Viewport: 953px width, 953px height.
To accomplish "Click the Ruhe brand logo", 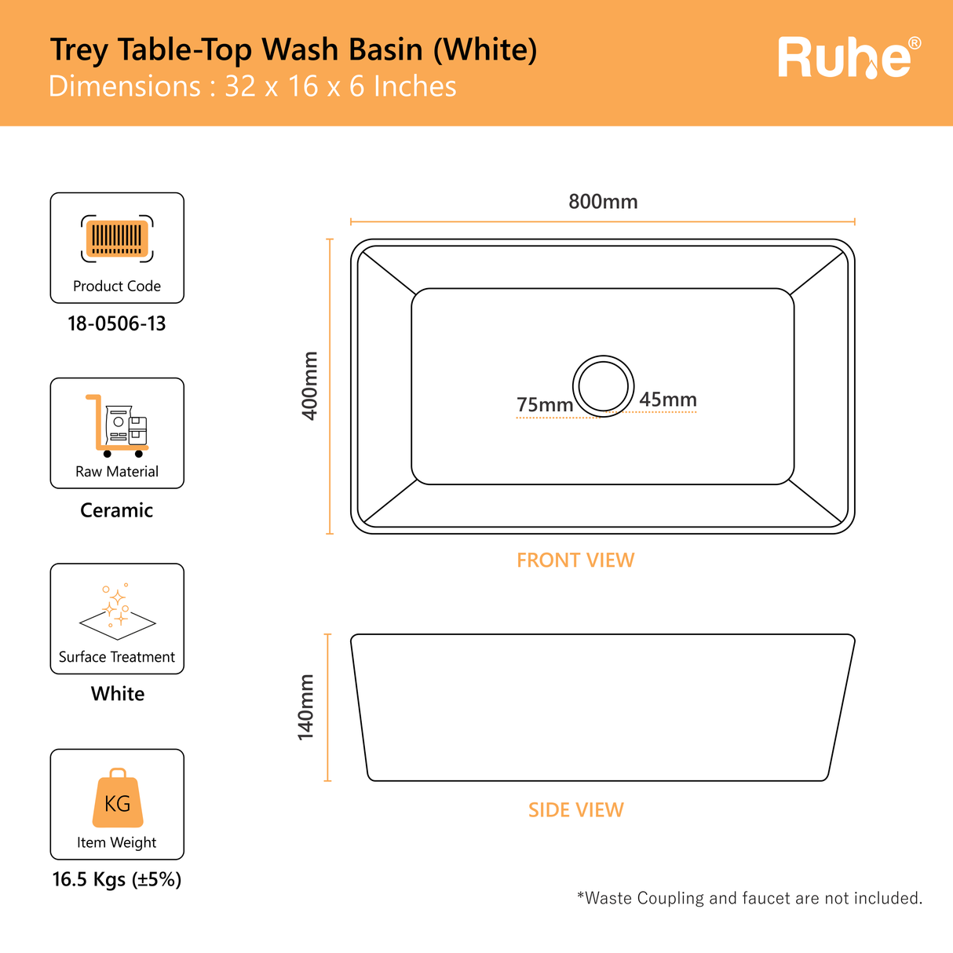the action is [x=849, y=58].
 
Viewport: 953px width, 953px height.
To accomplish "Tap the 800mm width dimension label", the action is [x=603, y=202].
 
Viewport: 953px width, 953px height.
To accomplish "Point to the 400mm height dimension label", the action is [x=309, y=385].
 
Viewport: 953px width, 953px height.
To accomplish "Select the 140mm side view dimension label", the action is [x=305, y=707].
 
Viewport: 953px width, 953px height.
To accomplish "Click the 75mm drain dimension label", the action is [x=545, y=404].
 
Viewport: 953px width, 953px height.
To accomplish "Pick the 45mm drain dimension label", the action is [x=667, y=400].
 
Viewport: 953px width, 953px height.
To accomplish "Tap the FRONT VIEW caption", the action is [x=575, y=560].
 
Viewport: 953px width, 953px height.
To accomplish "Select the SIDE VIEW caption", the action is [x=575, y=809].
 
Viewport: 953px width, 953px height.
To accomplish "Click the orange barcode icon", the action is [x=117, y=239].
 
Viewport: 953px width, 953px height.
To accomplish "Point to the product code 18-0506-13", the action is [x=117, y=324].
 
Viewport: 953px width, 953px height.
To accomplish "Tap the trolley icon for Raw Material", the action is [x=117, y=425].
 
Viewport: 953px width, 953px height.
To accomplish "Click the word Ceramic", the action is [x=117, y=510].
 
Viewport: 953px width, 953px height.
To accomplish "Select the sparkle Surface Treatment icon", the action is [x=118, y=612].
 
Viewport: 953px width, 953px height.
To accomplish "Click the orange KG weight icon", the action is [x=118, y=798].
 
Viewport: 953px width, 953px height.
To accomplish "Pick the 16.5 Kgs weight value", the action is [x=117, y=879].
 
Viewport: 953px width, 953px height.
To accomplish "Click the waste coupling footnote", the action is [x=749, y=897].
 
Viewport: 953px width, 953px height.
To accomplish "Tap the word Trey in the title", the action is [x=79, y=50].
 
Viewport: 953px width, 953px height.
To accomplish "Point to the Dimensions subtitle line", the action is [x=252, y=86].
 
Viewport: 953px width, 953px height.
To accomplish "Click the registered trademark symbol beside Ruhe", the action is [x=915, y=43].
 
